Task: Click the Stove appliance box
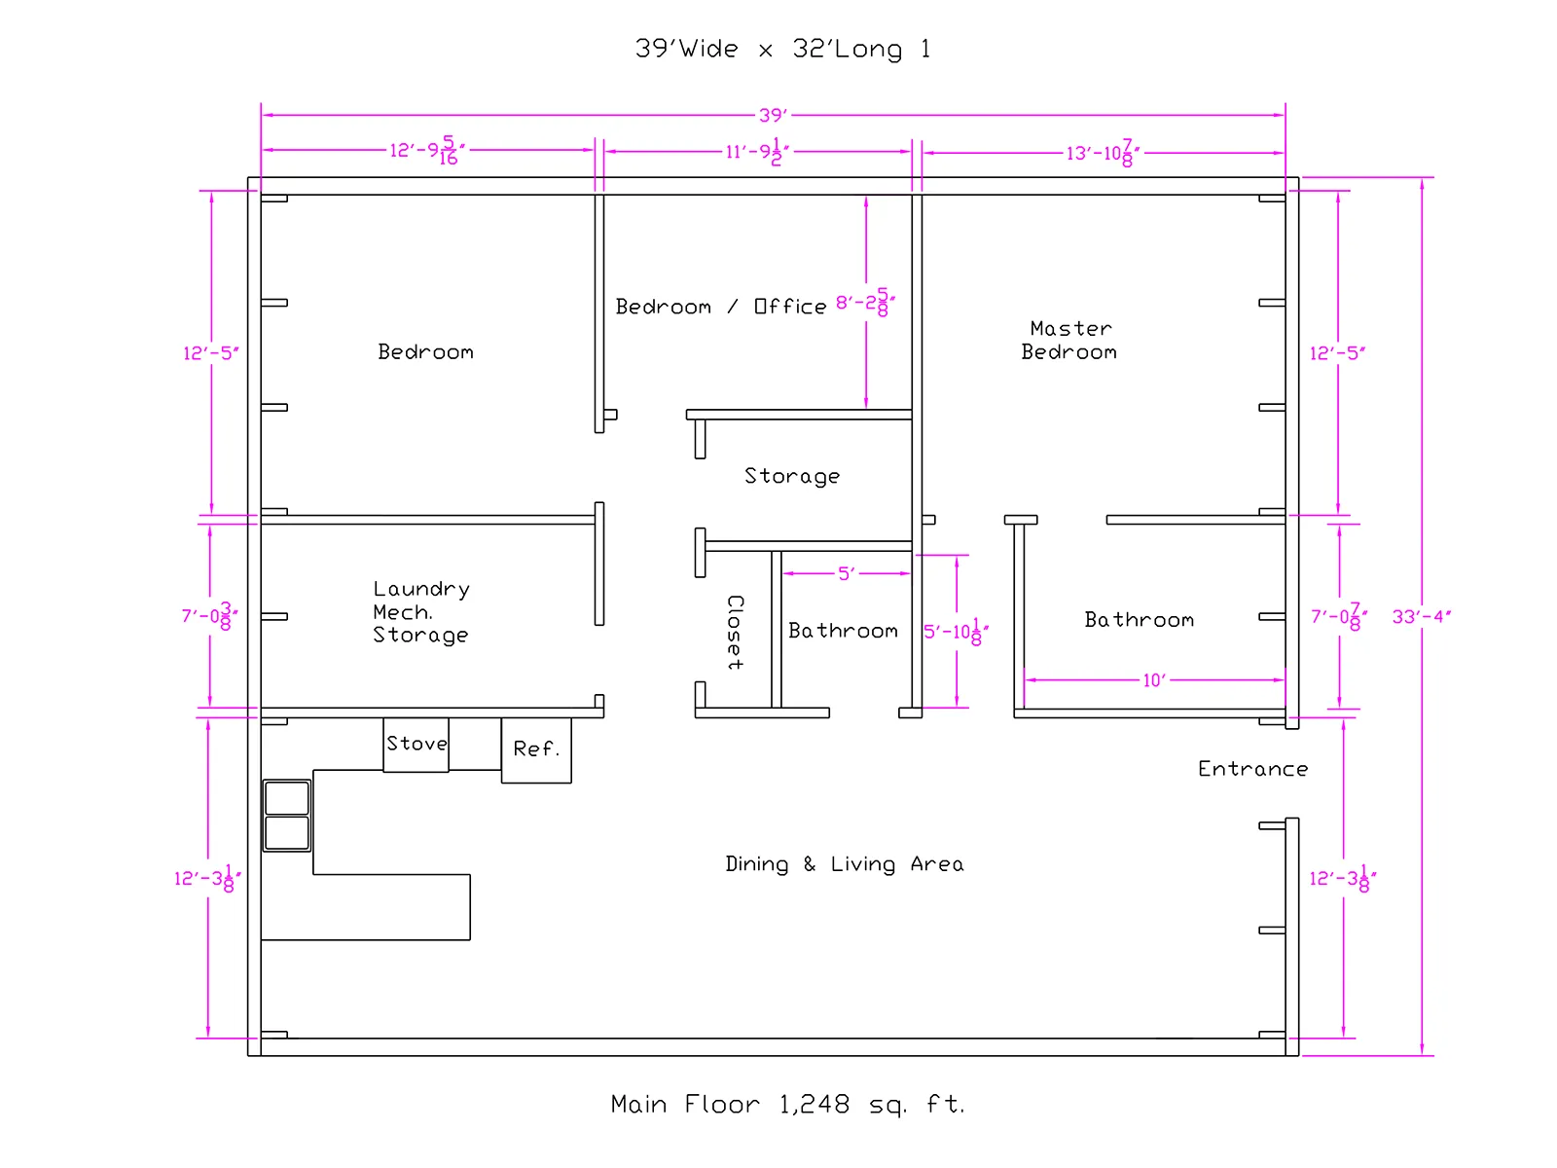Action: tap(415, 745)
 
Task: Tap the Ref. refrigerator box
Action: tap(536, 750)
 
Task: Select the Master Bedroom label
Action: tap(1068, 341)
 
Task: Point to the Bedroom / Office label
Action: tap(721, 307)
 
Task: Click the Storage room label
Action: tap(791, 476)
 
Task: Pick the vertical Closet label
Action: tap(735, 632)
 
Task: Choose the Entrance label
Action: tap(1252, 769)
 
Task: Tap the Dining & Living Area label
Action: tap(844, 863)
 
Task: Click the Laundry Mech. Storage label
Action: tap(421, 612)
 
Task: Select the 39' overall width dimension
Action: tap(773, 115)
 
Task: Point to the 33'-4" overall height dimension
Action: tap(1421, 616)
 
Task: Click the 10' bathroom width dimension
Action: tap(1154, 680)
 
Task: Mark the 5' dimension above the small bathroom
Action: tap(846, 573)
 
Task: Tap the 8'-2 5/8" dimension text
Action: tap(865, 303)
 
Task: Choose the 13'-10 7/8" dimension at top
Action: tap(1103, 153)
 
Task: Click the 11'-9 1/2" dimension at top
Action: tap(757, 152)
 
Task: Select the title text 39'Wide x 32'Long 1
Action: tap(782, 49)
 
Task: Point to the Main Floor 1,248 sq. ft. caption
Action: tap(787, 1104)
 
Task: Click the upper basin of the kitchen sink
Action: tap(286, 798)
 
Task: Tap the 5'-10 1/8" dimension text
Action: tap(957, 631)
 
